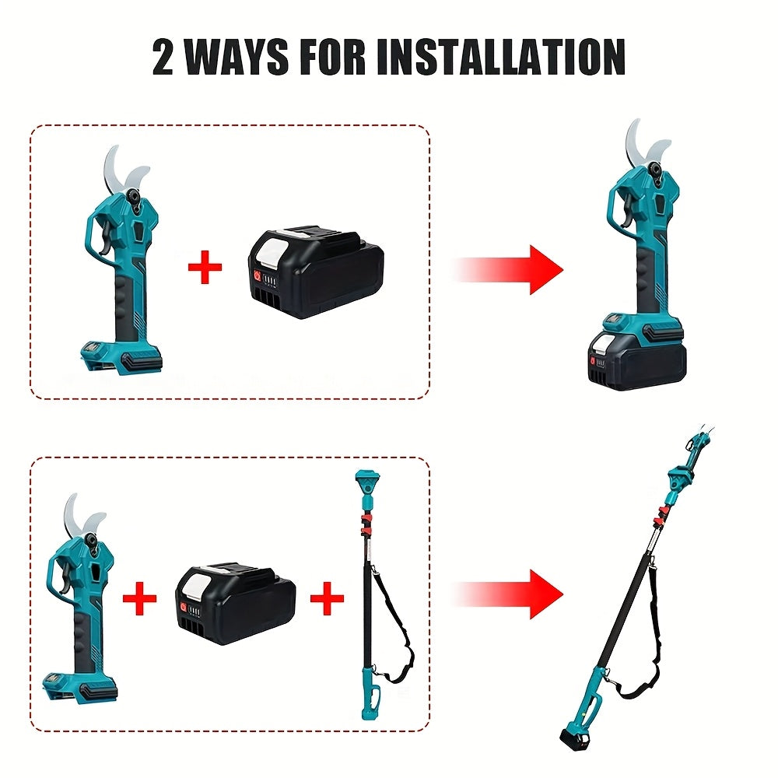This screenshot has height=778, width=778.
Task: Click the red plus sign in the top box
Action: (205, 267)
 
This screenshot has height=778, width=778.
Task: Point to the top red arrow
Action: (509, 270)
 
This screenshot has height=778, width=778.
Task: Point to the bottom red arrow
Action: (509, 594)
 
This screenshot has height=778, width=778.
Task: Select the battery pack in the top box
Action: (316, 273)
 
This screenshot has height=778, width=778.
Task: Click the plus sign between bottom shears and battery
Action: (139, 598)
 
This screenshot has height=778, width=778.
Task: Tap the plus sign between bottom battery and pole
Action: (327, 598)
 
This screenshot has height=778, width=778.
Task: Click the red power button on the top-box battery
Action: (258, 276)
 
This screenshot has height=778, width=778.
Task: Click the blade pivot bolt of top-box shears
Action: (133, 195)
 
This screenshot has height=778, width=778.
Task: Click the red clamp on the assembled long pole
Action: (661, 517)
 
